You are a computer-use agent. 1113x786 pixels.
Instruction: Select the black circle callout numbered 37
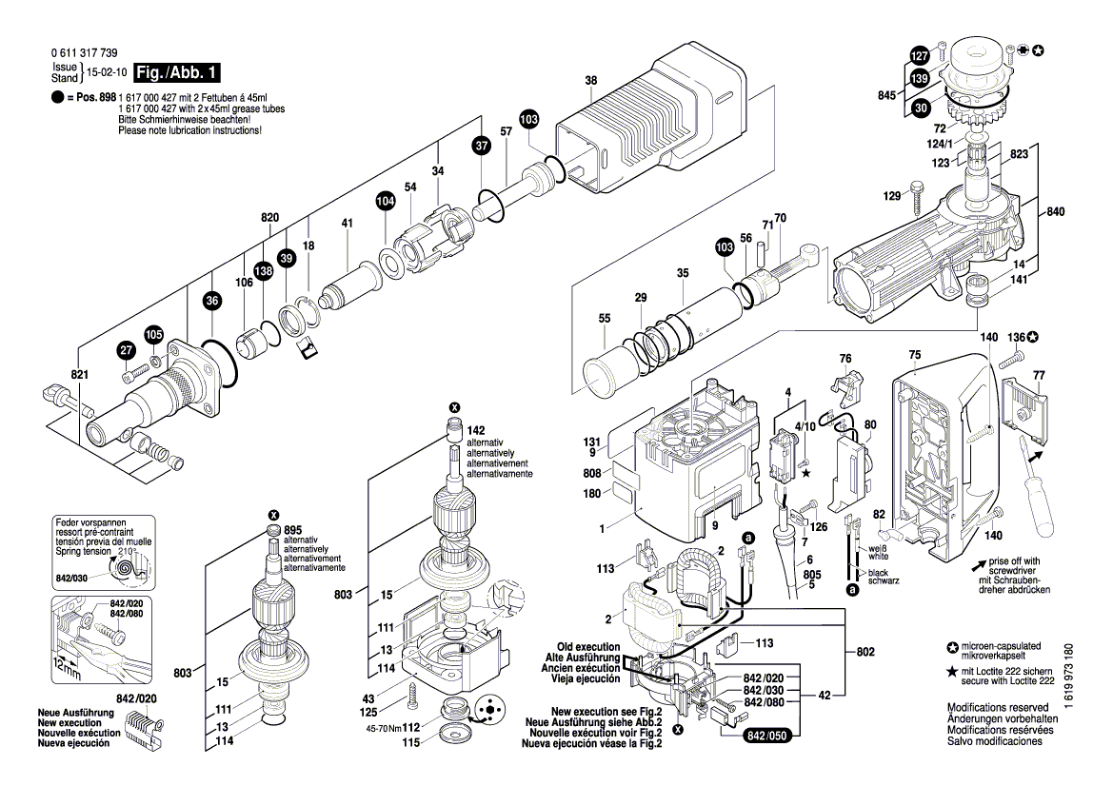pos(482,146)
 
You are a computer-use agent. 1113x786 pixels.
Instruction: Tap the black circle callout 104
pos(385,201)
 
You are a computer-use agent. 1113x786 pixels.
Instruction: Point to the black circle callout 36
pos(212,302)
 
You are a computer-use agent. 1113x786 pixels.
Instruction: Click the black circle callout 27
pos(127,351)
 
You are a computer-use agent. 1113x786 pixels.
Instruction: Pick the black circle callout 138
pos(264,271)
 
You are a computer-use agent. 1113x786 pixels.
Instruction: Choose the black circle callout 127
pos(920,55)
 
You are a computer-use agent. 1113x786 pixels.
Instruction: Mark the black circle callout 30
pos(920,108)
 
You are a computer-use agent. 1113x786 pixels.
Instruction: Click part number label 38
pos(590,81)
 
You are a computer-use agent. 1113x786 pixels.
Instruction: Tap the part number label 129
pos(890,196)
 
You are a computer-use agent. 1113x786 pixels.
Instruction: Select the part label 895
pos(292,530)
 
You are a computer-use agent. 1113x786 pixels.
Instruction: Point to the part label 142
pos(476,431)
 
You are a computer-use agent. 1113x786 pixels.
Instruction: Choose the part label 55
pos(604,319)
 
